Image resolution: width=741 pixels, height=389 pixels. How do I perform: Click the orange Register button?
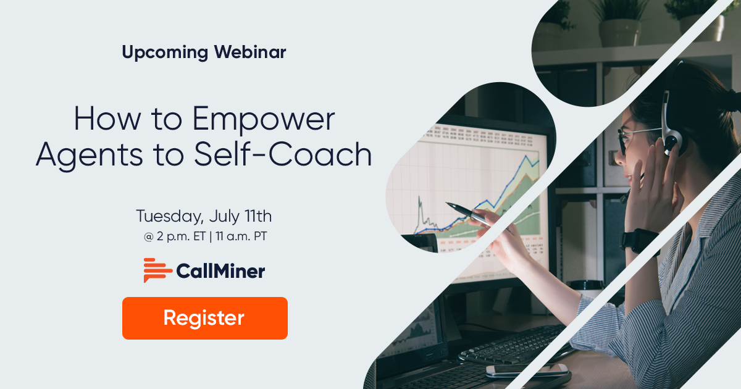pyautogui.click(x=204, y=318)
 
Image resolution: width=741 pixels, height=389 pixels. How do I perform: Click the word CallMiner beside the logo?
pyautogui.click(x=220, y=270)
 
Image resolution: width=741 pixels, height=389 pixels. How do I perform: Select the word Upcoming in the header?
pyautogui.click(x=164, y=52)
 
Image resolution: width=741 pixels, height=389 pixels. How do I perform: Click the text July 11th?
pyautogui.click(x=240, y=217)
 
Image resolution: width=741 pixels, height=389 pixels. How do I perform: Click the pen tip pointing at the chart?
pyautogui.click(x=448, y=204)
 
